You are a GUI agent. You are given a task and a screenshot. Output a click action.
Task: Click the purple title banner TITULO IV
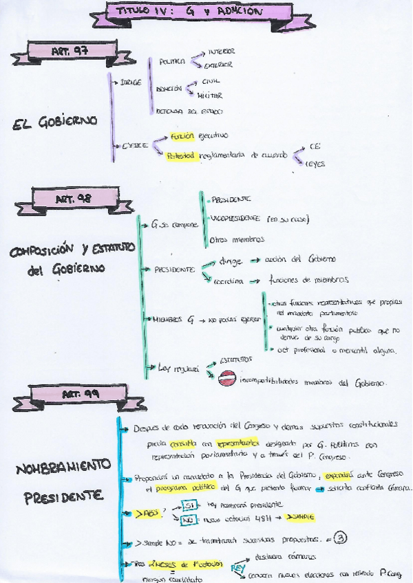pos(187,12)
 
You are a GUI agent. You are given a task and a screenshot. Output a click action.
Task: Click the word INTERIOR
pos(220,52)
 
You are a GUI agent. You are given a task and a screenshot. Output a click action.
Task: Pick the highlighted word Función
pos(178,136)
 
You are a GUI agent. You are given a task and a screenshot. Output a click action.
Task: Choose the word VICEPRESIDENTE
pos(235,219)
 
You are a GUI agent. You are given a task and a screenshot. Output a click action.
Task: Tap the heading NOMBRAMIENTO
pos(61,470)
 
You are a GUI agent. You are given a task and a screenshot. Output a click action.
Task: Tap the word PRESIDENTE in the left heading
pos(59,495)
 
